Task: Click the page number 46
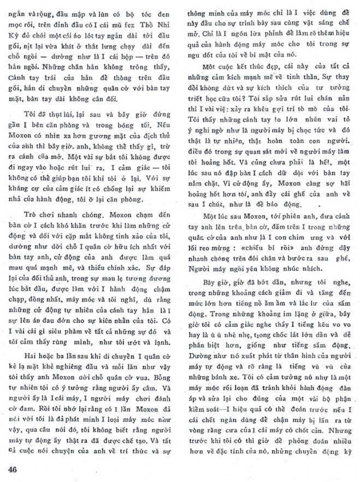click(15, 469)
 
